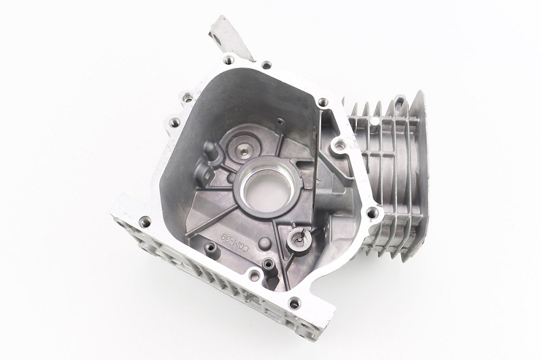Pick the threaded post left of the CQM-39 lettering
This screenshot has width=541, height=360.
[210, 248]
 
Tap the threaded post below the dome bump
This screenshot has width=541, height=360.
[267, 264]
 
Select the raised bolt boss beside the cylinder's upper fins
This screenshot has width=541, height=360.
[339, 144]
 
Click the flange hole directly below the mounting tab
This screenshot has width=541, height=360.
[229, 60]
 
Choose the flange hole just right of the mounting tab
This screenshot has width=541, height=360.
[266, 65]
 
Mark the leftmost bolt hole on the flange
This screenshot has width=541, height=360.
[145, 222]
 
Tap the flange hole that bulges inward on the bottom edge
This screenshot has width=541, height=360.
[253, 276]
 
